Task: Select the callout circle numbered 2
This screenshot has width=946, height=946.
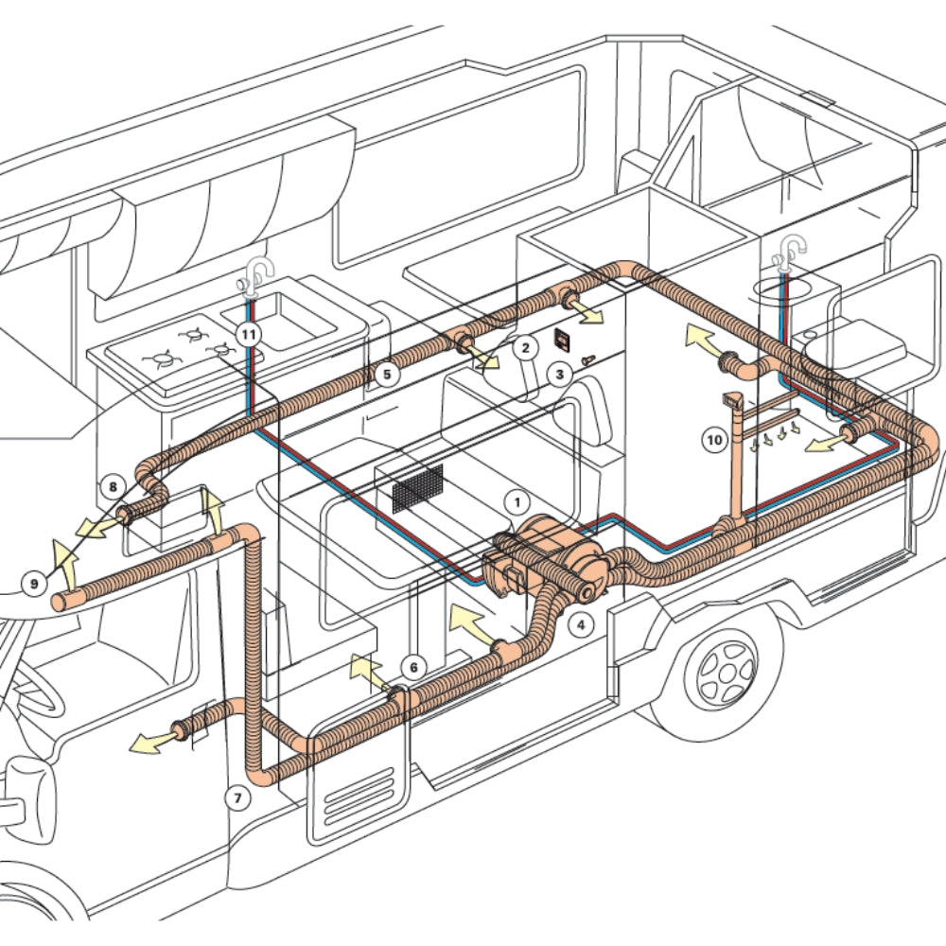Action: click(525, 347)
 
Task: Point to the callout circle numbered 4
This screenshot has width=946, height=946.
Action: click(581, 623)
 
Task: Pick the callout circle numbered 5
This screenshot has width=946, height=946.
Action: click(385, 375)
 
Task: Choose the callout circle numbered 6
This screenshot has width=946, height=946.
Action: click(412, 667)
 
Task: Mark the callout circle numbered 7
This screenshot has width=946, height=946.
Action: click(238, 797)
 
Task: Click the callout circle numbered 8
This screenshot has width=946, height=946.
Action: click(113, 488)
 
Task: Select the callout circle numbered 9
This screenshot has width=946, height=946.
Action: click(34, 584)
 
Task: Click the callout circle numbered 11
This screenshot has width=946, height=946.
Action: click(248, 334)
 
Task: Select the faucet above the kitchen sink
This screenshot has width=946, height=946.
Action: click(255, 277)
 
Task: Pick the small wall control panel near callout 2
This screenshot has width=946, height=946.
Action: click(562, 339)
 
